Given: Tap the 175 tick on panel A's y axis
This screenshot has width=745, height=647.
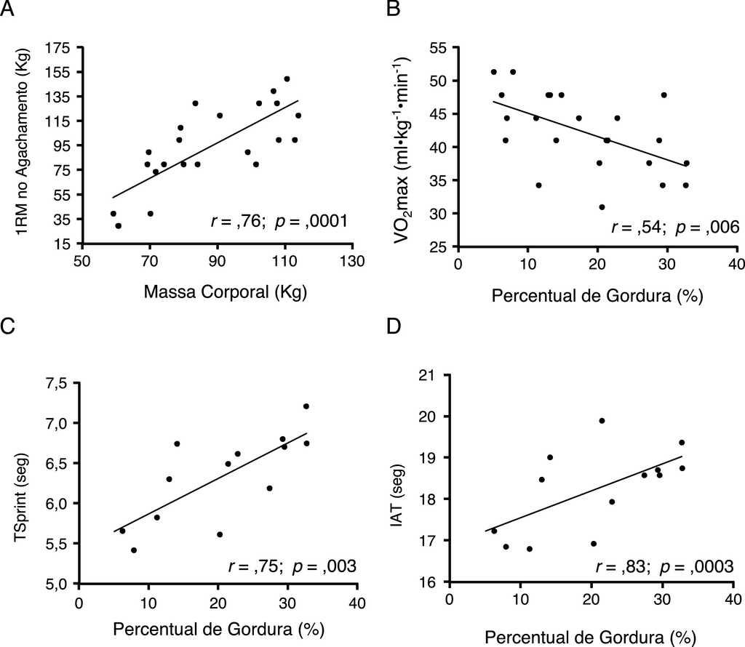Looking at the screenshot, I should point(60,48).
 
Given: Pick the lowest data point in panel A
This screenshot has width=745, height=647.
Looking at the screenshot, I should point(119,226).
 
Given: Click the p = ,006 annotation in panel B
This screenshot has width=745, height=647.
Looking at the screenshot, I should point(706,228).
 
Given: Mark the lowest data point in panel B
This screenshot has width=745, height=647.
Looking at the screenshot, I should point(602,207).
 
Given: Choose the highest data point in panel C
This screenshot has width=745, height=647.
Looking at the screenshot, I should point(306,406).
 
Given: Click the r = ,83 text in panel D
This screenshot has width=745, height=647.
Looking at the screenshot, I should point(632,564).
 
